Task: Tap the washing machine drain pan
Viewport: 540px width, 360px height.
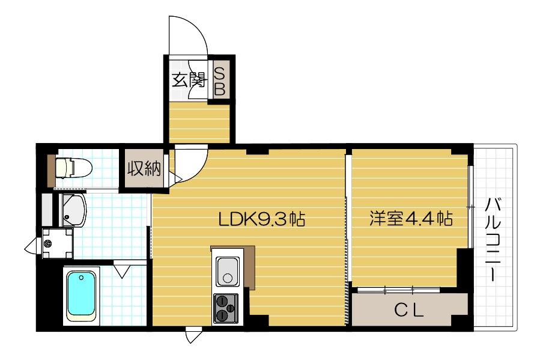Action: pyautogui.click(x=58, y=243)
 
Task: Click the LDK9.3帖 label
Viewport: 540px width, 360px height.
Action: pyautogui.click(x=261, y=219)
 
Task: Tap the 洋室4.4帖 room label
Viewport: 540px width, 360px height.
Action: pyautogui.click(x=410, y=219)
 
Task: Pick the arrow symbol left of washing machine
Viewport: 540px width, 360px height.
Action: pyautogui.click(x=31, y=245)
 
